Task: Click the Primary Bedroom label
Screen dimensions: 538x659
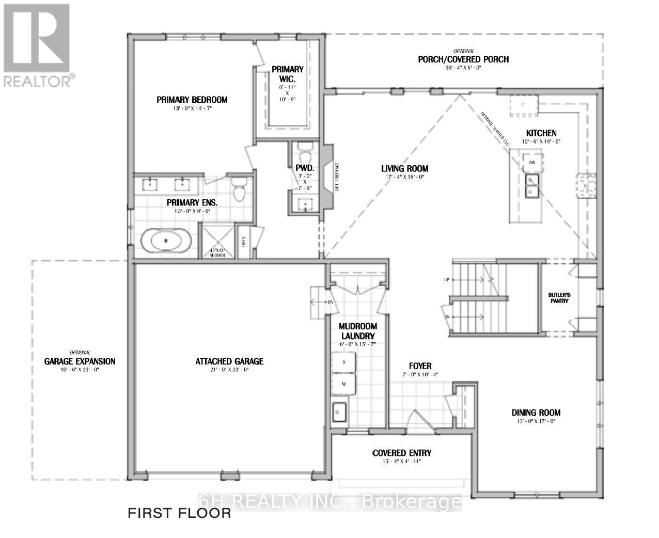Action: click(x=192, y=100)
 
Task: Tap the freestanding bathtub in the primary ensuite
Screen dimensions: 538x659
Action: click(x=166, y=241)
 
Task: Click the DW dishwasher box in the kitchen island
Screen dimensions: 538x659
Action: click(x=531, y=162)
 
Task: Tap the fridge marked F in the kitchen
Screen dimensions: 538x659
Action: click(x=523, y=105)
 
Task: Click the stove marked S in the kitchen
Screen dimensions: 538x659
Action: click(x=586, y=185)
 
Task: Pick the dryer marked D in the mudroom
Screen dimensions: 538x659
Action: click(x=344, y=362)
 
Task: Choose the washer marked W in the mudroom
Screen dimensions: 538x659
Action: click(x=344, y=384)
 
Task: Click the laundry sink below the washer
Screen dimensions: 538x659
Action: click(x=339, y=412)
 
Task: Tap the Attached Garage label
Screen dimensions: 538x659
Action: click(x=229, y=361)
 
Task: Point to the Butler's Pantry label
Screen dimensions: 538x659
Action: click(x=558, y=297)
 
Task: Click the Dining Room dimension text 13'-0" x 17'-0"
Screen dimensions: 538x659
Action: click(x=536, y=421)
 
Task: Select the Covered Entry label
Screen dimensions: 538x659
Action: click(x=402, y=453)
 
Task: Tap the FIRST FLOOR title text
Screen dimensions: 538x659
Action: click(x=179, y=513)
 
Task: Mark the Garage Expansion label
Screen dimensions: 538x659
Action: click(x=80, y=361)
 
